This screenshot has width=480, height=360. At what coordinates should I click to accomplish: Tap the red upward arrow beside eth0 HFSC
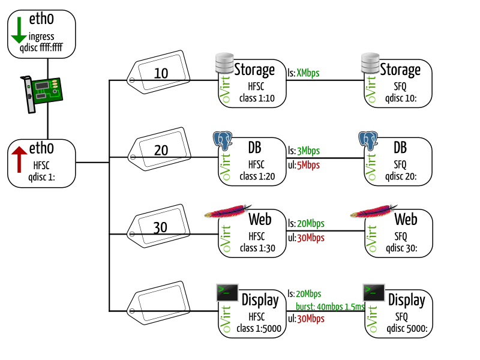19,158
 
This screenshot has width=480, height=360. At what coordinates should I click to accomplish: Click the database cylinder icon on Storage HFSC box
225,63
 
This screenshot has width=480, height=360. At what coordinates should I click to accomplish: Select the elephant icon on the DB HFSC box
223,141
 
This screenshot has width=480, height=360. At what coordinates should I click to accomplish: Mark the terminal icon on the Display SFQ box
374,293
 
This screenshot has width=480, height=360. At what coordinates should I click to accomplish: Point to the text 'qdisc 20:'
401,176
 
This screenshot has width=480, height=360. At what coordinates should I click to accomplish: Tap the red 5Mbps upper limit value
308,164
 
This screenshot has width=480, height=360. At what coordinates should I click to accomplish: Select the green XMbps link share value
308,73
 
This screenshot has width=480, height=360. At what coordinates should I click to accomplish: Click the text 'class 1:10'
256,98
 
